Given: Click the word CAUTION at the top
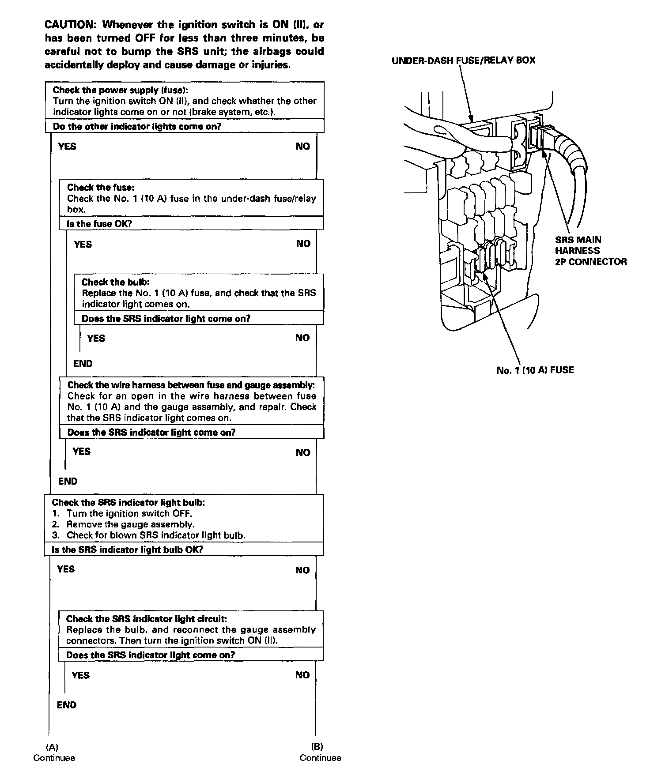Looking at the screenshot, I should click(x=70, y=24).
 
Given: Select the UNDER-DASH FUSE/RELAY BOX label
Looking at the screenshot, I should click(x=463, y=60).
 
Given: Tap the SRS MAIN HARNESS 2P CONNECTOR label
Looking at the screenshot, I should click(x=590, y=251).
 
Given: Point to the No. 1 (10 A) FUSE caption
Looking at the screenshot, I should click(x=535, y=370).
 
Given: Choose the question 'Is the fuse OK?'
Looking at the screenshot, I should click(x=99, y=224).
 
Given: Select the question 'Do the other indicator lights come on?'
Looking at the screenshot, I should click(x=137, y=127).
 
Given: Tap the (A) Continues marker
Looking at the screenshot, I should click(x=54, y=752).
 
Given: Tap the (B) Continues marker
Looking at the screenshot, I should click(x=320, y=752).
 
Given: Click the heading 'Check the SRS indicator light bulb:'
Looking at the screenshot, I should click(x=128, y=502).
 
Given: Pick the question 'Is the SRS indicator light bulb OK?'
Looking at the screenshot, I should click(x=127, y=550).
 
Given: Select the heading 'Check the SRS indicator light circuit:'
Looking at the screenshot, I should click(x=147, y=619).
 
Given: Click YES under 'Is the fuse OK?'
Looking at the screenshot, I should click(x=83, y=244).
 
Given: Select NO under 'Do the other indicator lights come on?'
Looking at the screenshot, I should click(x=302, y=147).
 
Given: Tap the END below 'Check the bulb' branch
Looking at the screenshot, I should click(x=83, y=364).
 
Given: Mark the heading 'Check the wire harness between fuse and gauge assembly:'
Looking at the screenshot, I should click(x=191, y=385).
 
